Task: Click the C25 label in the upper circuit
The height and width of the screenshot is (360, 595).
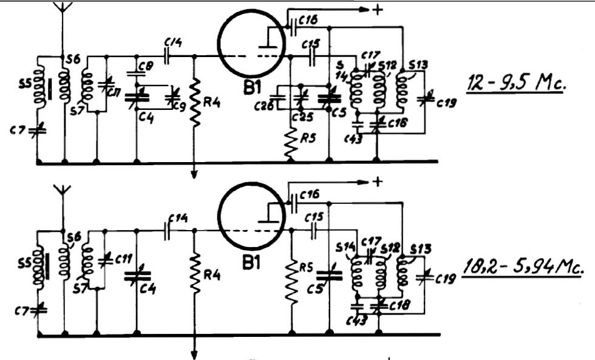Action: pyautogui.click(x=298, y=117)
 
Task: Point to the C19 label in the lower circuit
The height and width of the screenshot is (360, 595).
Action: pyautogui.click(x=446, y=279)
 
